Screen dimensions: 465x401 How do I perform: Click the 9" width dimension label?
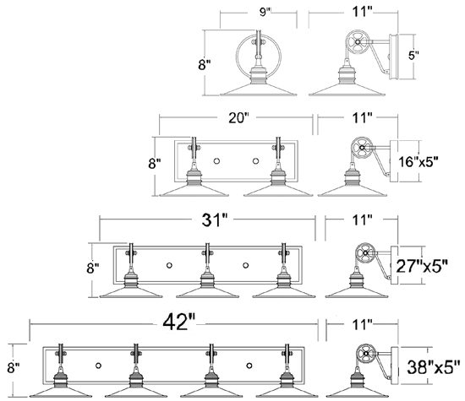265,12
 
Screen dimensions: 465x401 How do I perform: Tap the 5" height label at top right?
413,55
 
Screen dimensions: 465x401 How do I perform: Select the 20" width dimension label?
238,118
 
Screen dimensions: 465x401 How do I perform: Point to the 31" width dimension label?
215,219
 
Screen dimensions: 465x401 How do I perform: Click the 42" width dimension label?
179,322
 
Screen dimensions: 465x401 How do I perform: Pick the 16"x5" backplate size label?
418,162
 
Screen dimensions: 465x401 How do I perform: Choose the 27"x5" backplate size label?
422,266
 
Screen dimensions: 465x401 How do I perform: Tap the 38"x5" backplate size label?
434,367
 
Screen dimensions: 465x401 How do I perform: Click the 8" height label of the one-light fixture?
205,64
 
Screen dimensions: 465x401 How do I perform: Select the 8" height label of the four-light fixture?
14,368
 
